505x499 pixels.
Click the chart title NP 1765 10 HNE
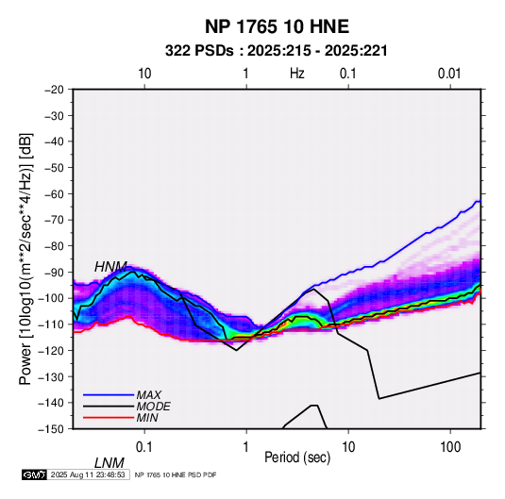coord(277,26)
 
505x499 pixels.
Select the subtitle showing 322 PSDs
coord(276,51)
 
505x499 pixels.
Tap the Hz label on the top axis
coord(297,74)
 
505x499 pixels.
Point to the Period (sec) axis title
coord(297,457)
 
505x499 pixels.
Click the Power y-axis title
coord(25,258)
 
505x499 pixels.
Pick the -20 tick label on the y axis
coord(54,90)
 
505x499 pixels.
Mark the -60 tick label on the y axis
coord(54,193)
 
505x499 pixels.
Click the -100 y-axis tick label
coord(51,298)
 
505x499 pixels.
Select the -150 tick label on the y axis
coord(51,429)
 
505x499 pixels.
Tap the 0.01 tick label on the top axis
coord(449,74)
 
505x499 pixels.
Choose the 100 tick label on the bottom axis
coord(450,447)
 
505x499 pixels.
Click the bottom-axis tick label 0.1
coord(144,447)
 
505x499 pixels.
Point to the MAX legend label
coord(149,394)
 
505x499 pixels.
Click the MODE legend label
coord(153,407)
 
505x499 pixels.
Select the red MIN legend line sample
coord(109,418)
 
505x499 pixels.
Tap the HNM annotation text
coord(110,267)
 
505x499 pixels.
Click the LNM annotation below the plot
coord(109,463)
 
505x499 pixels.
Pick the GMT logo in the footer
coord(35,474)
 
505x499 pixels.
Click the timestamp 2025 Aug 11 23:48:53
coord(88,474)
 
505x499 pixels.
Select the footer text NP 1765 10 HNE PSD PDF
coord(176,474)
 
